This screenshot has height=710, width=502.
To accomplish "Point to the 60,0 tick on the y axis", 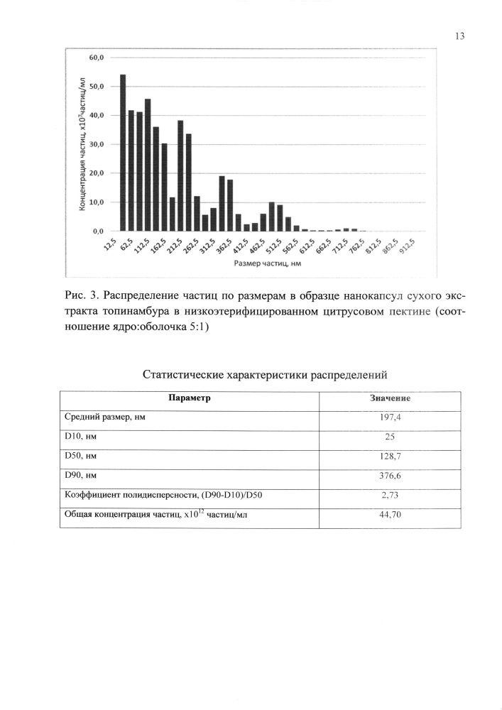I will click(96, 57).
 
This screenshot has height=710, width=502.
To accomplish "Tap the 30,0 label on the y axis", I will click(96, 144).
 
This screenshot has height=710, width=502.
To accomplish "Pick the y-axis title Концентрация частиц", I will click(84, 142).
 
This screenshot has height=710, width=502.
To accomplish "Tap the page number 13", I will click(459, 36).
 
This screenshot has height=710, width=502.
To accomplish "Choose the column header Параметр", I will click(189, 398).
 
